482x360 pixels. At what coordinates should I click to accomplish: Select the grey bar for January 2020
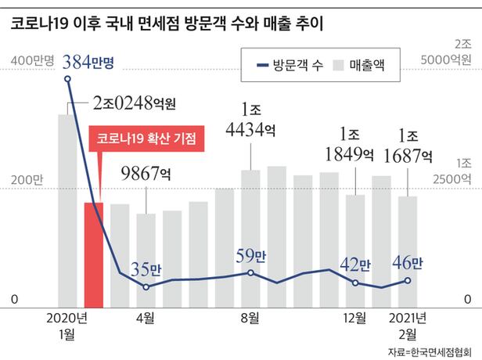(67, 211)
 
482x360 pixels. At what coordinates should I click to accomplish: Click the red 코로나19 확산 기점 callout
(146, 139)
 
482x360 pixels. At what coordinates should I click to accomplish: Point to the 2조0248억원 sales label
(133, 103)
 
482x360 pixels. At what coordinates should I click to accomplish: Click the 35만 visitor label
(146, 269)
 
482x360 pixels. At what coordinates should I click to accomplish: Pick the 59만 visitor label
(251, 255)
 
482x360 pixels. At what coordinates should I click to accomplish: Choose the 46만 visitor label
(408, 264)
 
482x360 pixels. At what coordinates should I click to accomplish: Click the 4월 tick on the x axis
(145, 318)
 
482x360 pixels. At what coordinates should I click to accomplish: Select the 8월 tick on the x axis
(250, 318)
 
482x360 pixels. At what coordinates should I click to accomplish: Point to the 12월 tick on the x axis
(356, 318)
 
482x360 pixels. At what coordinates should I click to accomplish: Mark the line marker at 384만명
(67, 79)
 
